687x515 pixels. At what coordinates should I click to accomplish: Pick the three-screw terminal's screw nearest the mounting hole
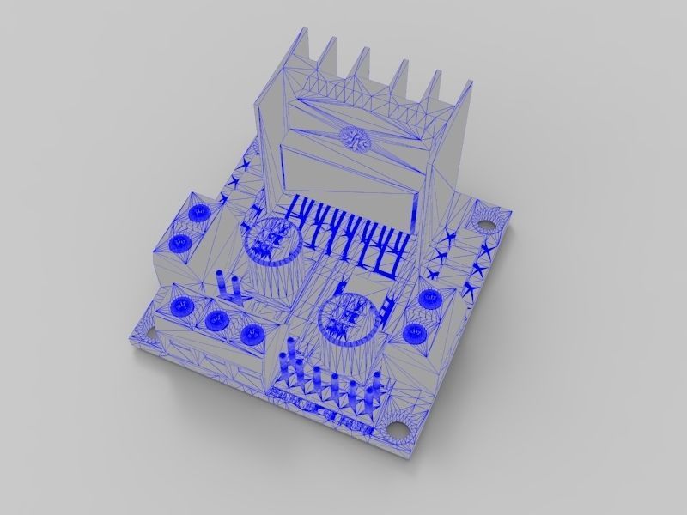(x=181, y=306)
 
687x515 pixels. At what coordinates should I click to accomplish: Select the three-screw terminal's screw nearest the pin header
(x=251, y=335)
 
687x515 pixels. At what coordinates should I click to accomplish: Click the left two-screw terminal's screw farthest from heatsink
(x=180, y=244)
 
